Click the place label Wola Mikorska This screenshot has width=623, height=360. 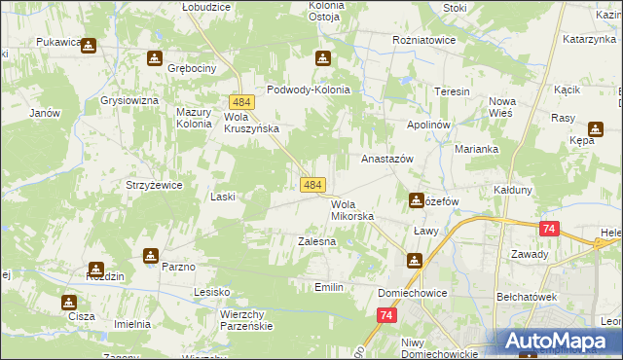[352, 210]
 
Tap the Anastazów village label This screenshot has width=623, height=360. [388, 158]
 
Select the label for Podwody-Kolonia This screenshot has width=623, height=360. [308, 90]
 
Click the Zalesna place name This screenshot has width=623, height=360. [316, 240]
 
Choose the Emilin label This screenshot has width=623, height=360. [329, 287]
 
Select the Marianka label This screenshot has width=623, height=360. [477, 149]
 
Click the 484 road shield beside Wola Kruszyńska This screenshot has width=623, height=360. [242, 102]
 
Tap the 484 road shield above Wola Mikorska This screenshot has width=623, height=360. [312, 184]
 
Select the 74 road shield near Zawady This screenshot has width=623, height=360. [550, 229]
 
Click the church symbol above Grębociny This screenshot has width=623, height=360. [154, 58]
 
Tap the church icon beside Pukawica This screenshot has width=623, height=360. [89, 45]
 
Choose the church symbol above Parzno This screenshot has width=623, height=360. [151, 255]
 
